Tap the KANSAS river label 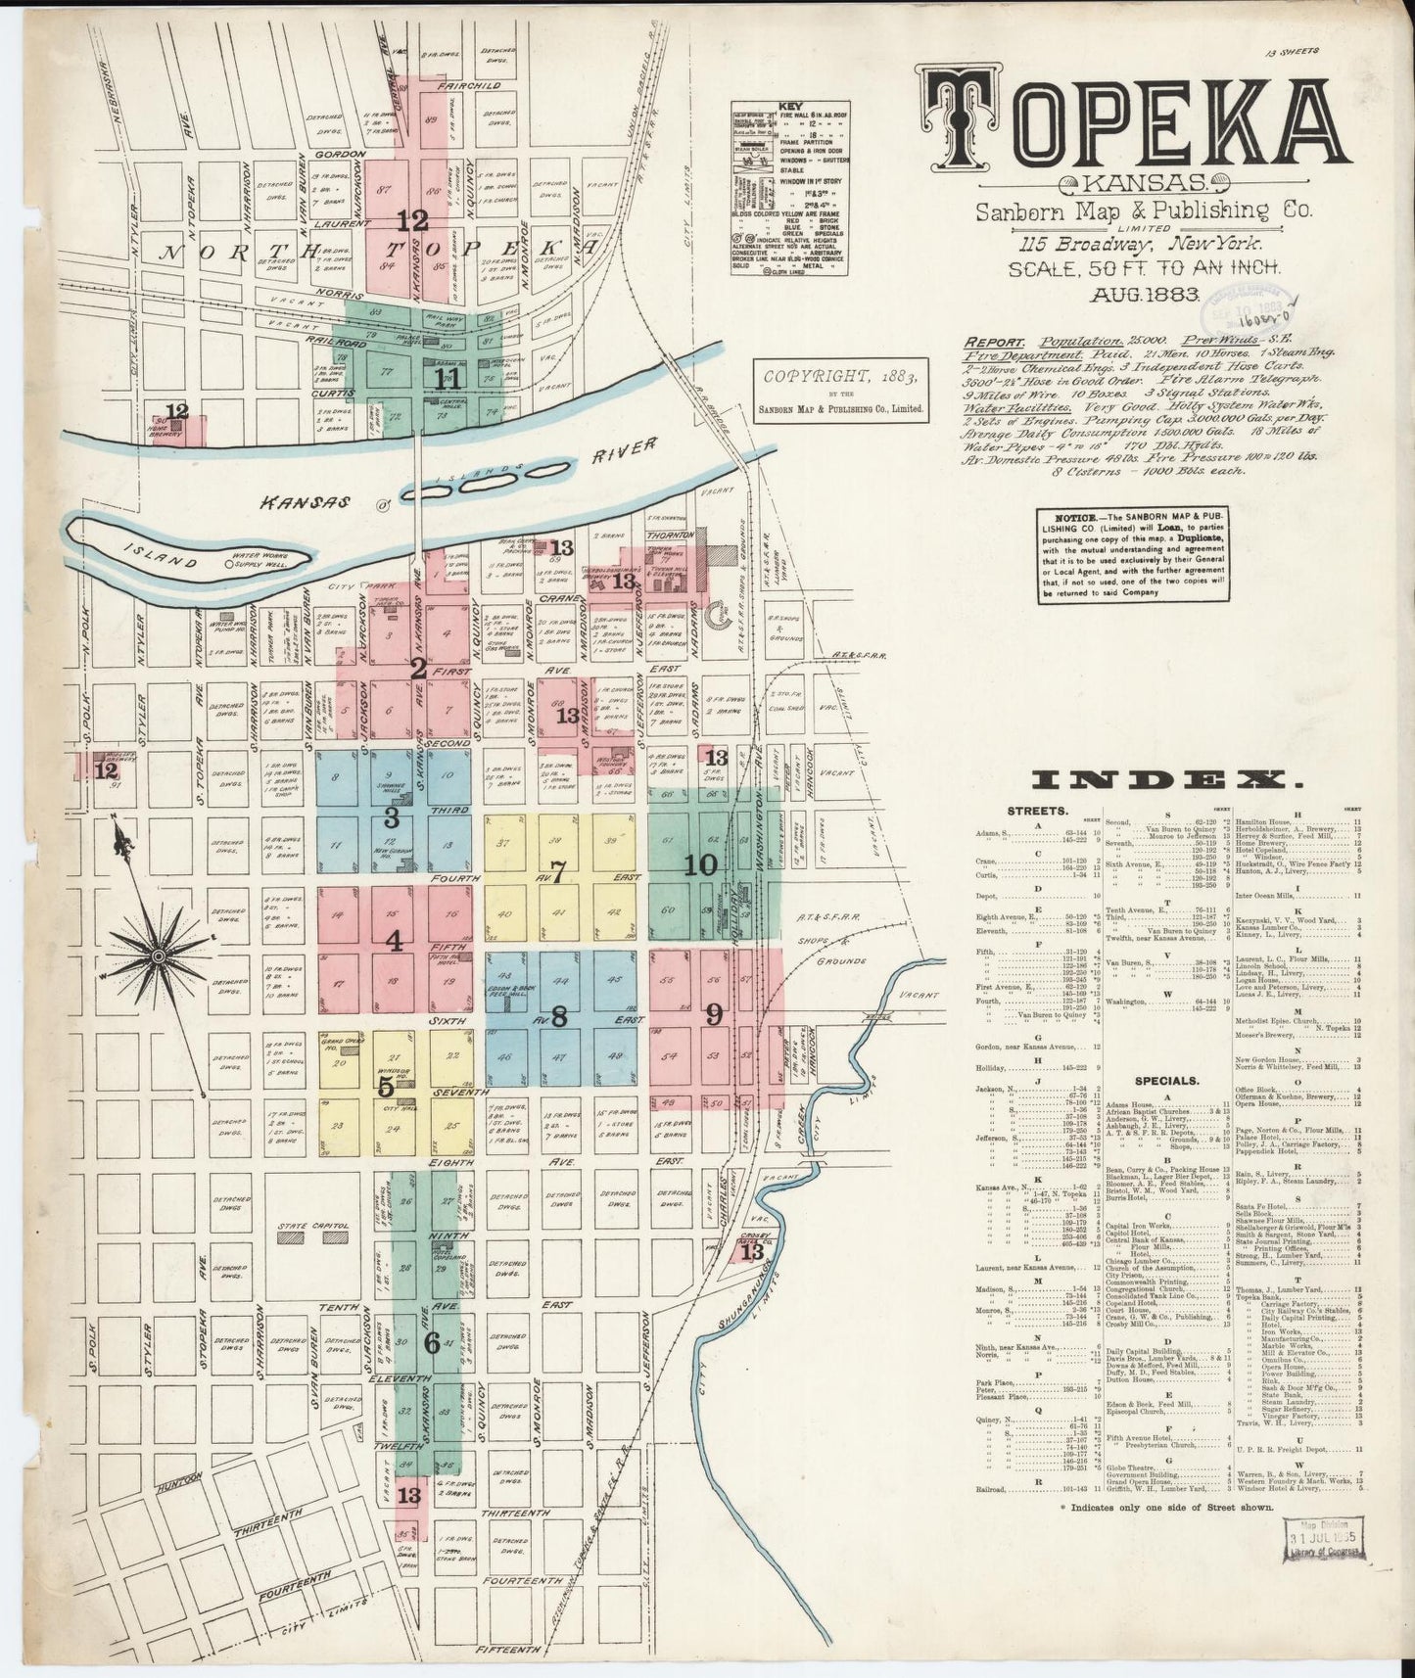[291, 502]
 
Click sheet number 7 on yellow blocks [558, 872]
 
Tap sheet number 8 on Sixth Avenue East [558, 1017]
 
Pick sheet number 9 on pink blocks [714, 1014]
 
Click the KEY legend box [790, 188]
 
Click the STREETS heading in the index [1037, 811]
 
